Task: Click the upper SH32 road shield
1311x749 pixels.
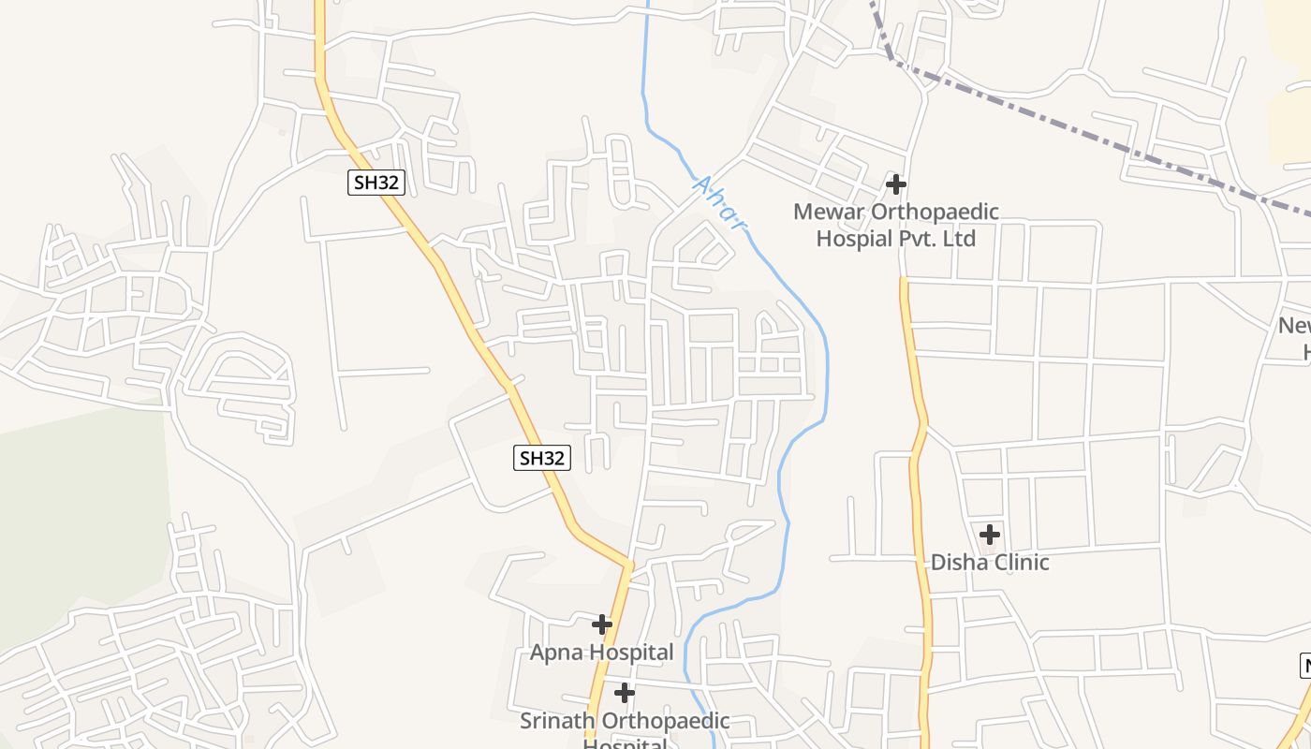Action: coord(376,182)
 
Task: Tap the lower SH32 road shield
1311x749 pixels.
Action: coord(542,458)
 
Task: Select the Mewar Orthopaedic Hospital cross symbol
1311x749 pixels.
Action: coord(896,184)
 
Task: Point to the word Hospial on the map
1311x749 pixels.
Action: coord(854,238)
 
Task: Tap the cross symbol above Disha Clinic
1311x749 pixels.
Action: coord(990,535)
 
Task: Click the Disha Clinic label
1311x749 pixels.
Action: coord(990,562)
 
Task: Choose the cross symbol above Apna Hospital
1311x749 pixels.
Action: coord(602,624)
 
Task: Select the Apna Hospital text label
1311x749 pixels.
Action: coord(602,652)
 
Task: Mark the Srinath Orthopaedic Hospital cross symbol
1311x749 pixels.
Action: coord(625,693)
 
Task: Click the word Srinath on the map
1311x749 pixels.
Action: coord(558,721)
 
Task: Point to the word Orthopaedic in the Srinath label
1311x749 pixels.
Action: coord(665,721)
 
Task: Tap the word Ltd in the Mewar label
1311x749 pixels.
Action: coord(959,238)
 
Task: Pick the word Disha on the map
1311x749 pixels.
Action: coord(954,562)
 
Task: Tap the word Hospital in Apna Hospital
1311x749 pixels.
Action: coord(629,652)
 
